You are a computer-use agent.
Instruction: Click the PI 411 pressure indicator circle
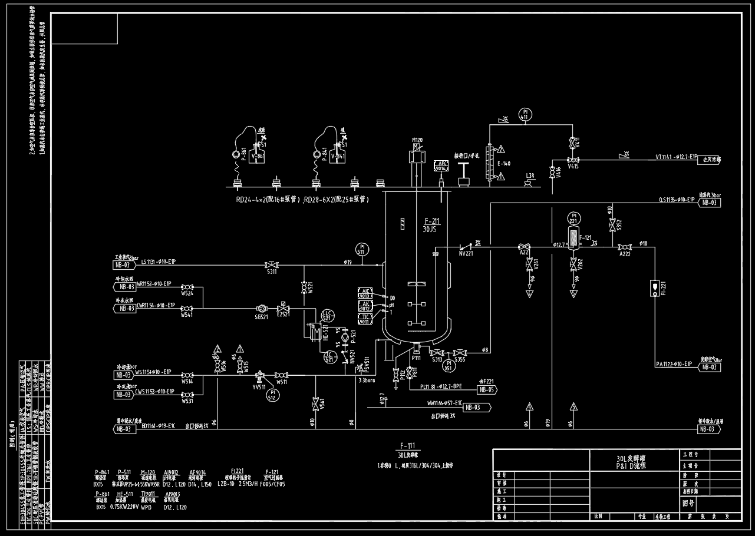pyautogui.click(x=524, y=114)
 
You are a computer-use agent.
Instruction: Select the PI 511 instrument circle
pyautogui.click(x=361, y=249)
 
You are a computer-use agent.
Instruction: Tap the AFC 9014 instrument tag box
pyautogui.click(x=441, y=166)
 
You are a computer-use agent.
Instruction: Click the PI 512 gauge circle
pyautogui.click(x=272, y=395)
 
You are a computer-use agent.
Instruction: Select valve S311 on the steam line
pyautogui.click(x=272, y=264)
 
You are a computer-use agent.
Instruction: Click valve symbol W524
pyautogui.click(x=188, y=286)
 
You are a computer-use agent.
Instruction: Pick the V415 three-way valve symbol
pyautogui.click(x=571, y=160)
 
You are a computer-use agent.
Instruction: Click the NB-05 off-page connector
pyautogui.click(x=487, y=389)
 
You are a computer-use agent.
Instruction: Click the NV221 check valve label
pyautogui.click(x=466, y=253)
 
